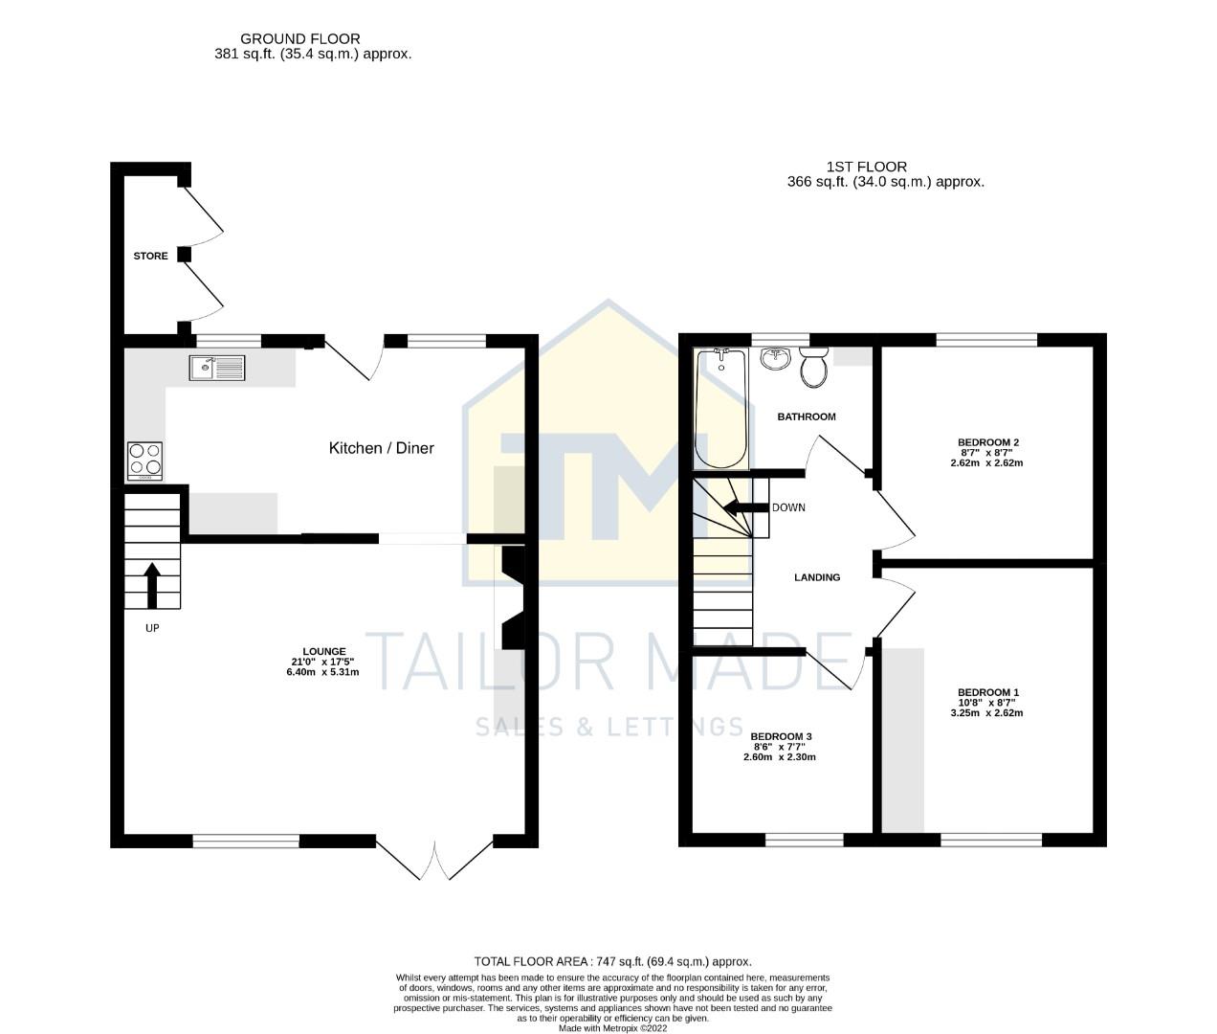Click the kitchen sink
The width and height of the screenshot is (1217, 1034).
pyautogui.click(x=217, y=368)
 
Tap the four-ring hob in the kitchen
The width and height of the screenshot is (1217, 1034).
pyautogui.click(x=144, y=461)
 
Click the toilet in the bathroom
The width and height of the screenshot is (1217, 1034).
pyautogui.click(x=814, y=367)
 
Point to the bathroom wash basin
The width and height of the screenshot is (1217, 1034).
pyautogui.click(x=775, y=358)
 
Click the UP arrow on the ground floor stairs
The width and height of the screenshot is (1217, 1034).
pyautogui.click(x=152, y=585)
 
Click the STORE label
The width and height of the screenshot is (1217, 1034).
pyautogui.click(x=150, y=256)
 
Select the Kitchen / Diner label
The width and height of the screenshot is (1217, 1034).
pyautogui.click(x=382, y=448)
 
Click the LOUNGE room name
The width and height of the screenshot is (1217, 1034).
pyautogui.click(x=317, y=651)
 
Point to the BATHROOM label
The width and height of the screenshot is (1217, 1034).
pyautogui.click(x=807, y=416)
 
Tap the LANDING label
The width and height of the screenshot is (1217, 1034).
pyautogui.click(x=817, y=577)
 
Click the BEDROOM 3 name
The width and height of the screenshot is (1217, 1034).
pyautogui.click(x=781, y=736)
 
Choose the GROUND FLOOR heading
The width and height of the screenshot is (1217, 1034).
pyautogui.click(x=300, y=39)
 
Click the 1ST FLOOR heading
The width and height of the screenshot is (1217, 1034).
pyautogui.click(x=867, y=167)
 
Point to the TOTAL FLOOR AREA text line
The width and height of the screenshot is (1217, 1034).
pyautogui.click(x=613, y=961)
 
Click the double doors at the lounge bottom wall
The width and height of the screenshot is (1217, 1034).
pyautogui.click(x=435, y=861)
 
